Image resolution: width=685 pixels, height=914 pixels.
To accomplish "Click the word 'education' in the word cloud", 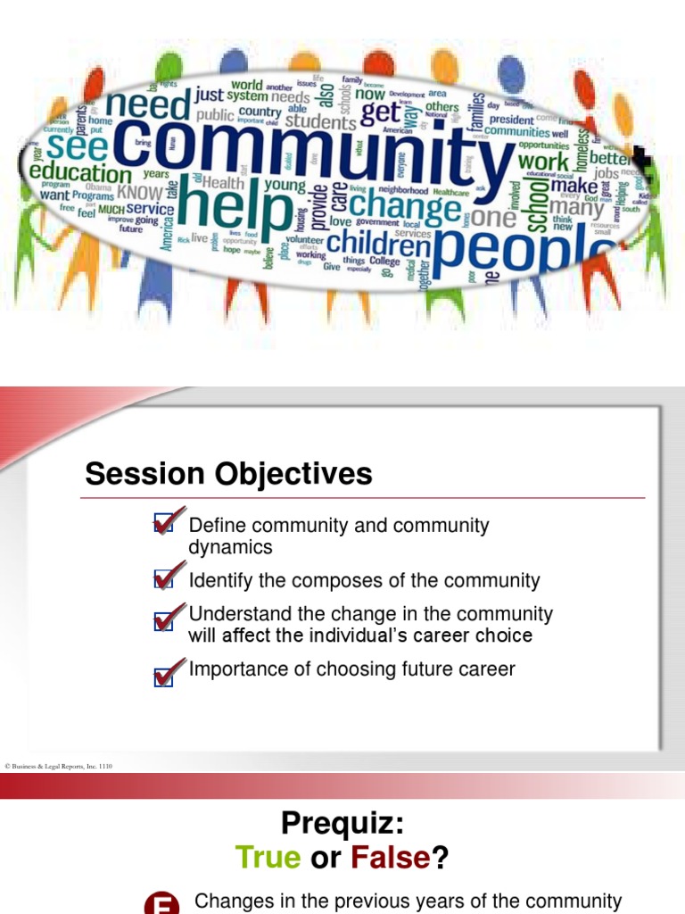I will [x=80, y=172].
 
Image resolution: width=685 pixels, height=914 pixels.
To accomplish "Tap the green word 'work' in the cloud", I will [x=543, y=162].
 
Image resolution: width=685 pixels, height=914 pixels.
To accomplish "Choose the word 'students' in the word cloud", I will [x=320, y=121].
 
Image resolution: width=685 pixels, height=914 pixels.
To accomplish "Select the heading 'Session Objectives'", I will [x=228, y=474].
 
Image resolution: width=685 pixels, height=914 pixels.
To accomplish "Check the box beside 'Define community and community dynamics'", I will [x=165, y=523].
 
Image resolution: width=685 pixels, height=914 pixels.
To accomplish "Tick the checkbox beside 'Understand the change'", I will [x=165, y=619].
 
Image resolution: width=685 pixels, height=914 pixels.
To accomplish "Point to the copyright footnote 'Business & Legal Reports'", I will [x=59, y=766].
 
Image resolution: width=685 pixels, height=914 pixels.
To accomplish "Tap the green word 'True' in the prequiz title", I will [x=268, y=859].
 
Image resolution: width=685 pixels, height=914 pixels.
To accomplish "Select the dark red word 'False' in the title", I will [x=391, y=859].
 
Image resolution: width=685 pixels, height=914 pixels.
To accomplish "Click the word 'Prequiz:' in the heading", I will [x=342, y=822].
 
